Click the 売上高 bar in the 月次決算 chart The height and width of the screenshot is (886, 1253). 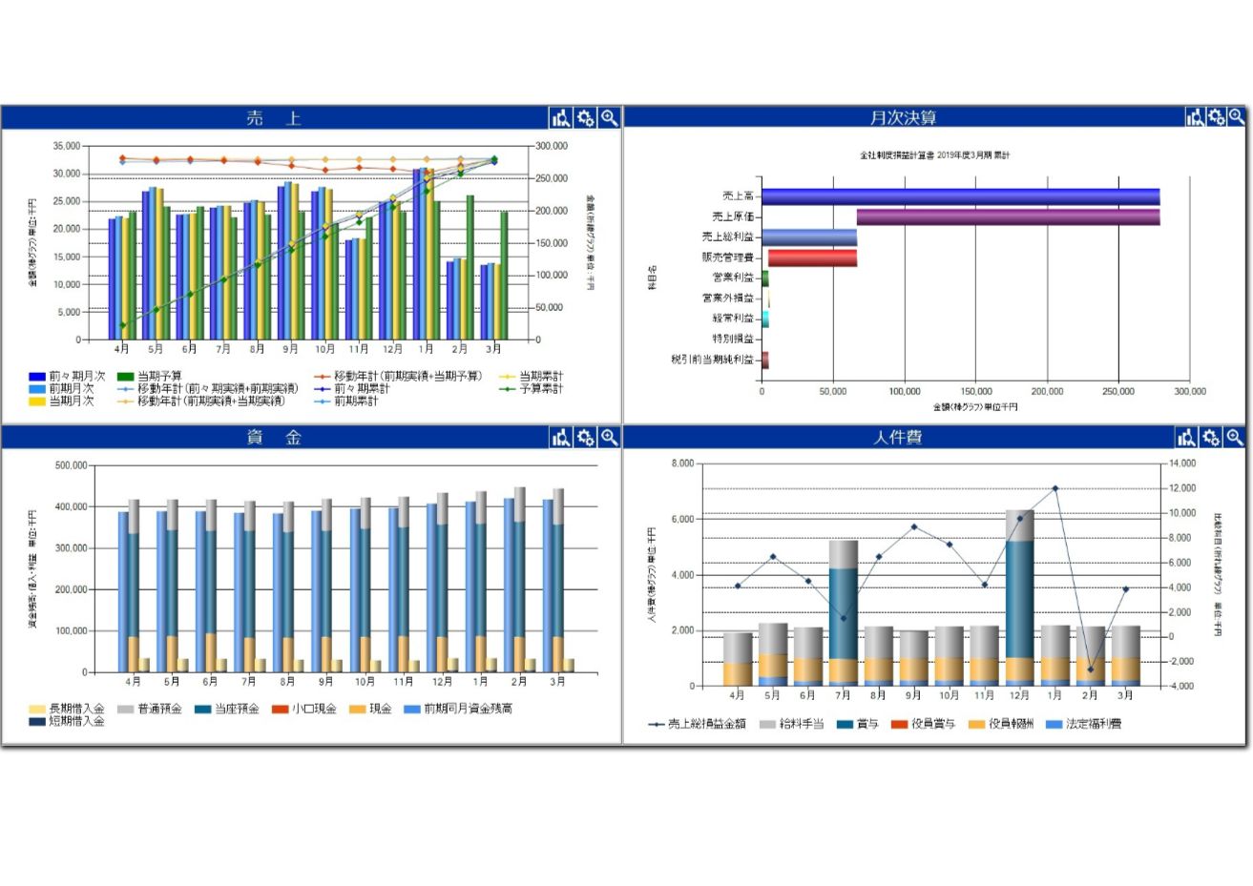(x=960, y=196)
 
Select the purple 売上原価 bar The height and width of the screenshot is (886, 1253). (x=1008, y=216)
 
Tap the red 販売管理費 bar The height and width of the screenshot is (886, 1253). (x=812, y=258)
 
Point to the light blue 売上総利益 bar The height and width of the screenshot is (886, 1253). (x=809, y=237)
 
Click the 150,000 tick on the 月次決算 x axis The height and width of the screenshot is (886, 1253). (x=975, y=391)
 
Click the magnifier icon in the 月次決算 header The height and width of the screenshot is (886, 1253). (x=1237, y=116)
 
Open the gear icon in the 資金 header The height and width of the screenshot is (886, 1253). (x=586, y=437)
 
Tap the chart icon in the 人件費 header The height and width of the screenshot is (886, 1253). (x=1186, y=437)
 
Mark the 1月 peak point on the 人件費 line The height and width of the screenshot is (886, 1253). (x=1055, y=488)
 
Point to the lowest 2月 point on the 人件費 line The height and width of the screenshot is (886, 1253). (x=1091, y=670)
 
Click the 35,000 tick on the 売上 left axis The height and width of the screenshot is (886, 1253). (x=67, y=146)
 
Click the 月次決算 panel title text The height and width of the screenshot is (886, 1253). (x=903, y=117)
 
